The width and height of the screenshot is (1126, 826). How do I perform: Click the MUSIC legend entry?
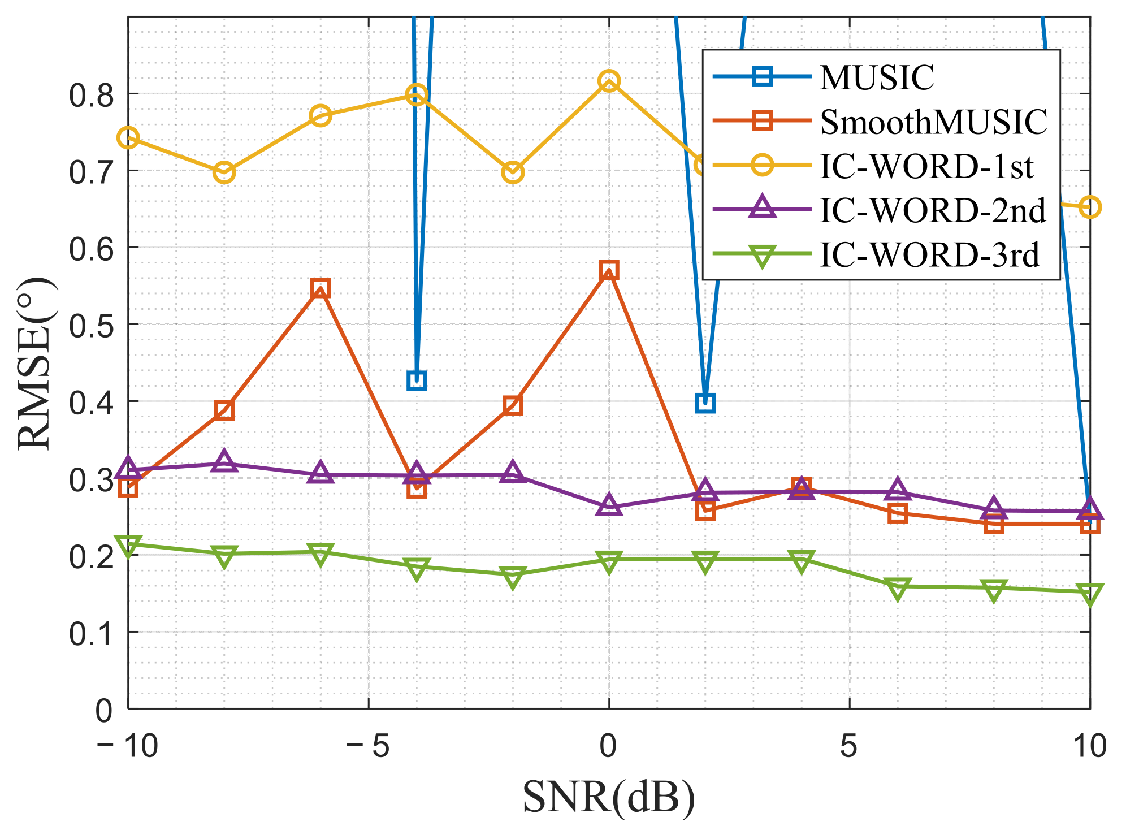point(876,77)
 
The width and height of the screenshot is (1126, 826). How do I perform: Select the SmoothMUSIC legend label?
point(933,122)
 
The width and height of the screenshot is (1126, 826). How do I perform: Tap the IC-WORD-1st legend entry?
point(926,166)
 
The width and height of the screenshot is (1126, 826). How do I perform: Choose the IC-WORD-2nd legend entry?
point(932,210)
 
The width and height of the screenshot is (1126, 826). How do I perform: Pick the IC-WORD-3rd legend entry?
point(929,255)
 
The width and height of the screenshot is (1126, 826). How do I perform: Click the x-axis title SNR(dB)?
point(608,797)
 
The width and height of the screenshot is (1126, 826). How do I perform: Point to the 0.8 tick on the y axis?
point(89,95)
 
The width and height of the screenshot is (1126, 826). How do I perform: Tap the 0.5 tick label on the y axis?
point(89,325)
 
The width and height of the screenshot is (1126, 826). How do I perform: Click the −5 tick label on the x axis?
point(368,746)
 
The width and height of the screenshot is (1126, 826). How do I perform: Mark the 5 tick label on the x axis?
point(848,746)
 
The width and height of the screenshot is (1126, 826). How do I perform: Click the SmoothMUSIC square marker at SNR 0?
point(609,270)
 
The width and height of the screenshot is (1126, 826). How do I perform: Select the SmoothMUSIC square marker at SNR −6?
point(320,288)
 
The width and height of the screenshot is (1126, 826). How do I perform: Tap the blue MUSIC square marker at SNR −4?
point(417,380)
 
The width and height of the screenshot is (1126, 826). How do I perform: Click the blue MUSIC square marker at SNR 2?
point(705,403)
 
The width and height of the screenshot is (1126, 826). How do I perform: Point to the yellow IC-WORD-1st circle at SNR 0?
point(609,81)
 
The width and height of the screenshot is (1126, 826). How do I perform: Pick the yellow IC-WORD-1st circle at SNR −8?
point(224,172)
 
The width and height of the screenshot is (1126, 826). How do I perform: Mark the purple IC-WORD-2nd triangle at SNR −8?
point(224,461)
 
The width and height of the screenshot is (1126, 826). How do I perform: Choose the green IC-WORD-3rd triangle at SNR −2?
point(513,578)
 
